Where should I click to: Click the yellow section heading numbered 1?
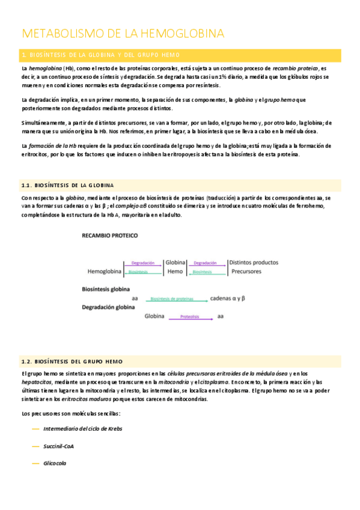click(105, 55)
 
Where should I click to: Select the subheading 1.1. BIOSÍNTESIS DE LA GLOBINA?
click(68, 185)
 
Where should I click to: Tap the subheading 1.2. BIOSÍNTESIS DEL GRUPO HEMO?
click(72, 361)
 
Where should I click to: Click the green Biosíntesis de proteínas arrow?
click(171, 298)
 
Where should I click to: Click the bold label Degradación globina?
click(108, 307)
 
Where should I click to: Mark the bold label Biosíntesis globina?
click(106, 289)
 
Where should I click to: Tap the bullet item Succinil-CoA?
click(59, 446)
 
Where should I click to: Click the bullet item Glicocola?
click(55, 463)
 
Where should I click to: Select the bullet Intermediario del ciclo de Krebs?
click(83, 429)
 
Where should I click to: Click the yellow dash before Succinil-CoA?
click(35, 446)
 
